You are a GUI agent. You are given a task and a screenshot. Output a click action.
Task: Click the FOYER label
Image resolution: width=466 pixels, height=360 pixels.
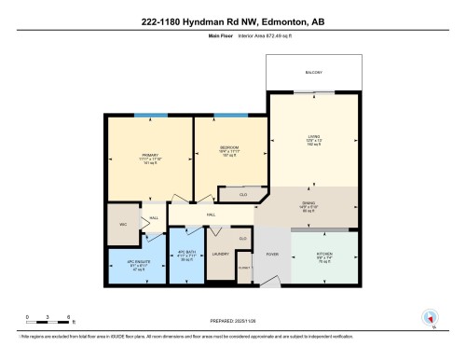pos(272,254)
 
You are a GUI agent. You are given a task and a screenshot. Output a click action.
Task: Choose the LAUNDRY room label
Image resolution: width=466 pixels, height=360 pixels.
pos(221,253)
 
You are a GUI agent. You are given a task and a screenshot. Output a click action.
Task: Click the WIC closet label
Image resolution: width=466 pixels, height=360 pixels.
pos(121,224)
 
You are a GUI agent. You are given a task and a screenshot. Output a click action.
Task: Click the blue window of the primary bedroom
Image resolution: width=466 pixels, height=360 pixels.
pos(144,115)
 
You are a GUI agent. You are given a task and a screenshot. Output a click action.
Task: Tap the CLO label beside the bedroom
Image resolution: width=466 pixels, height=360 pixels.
pos(241,195)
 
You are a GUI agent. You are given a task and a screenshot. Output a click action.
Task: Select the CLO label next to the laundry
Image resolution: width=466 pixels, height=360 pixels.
pos(242,239)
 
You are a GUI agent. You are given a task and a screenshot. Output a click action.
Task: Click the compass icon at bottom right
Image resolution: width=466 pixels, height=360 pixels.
pos(432,317)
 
